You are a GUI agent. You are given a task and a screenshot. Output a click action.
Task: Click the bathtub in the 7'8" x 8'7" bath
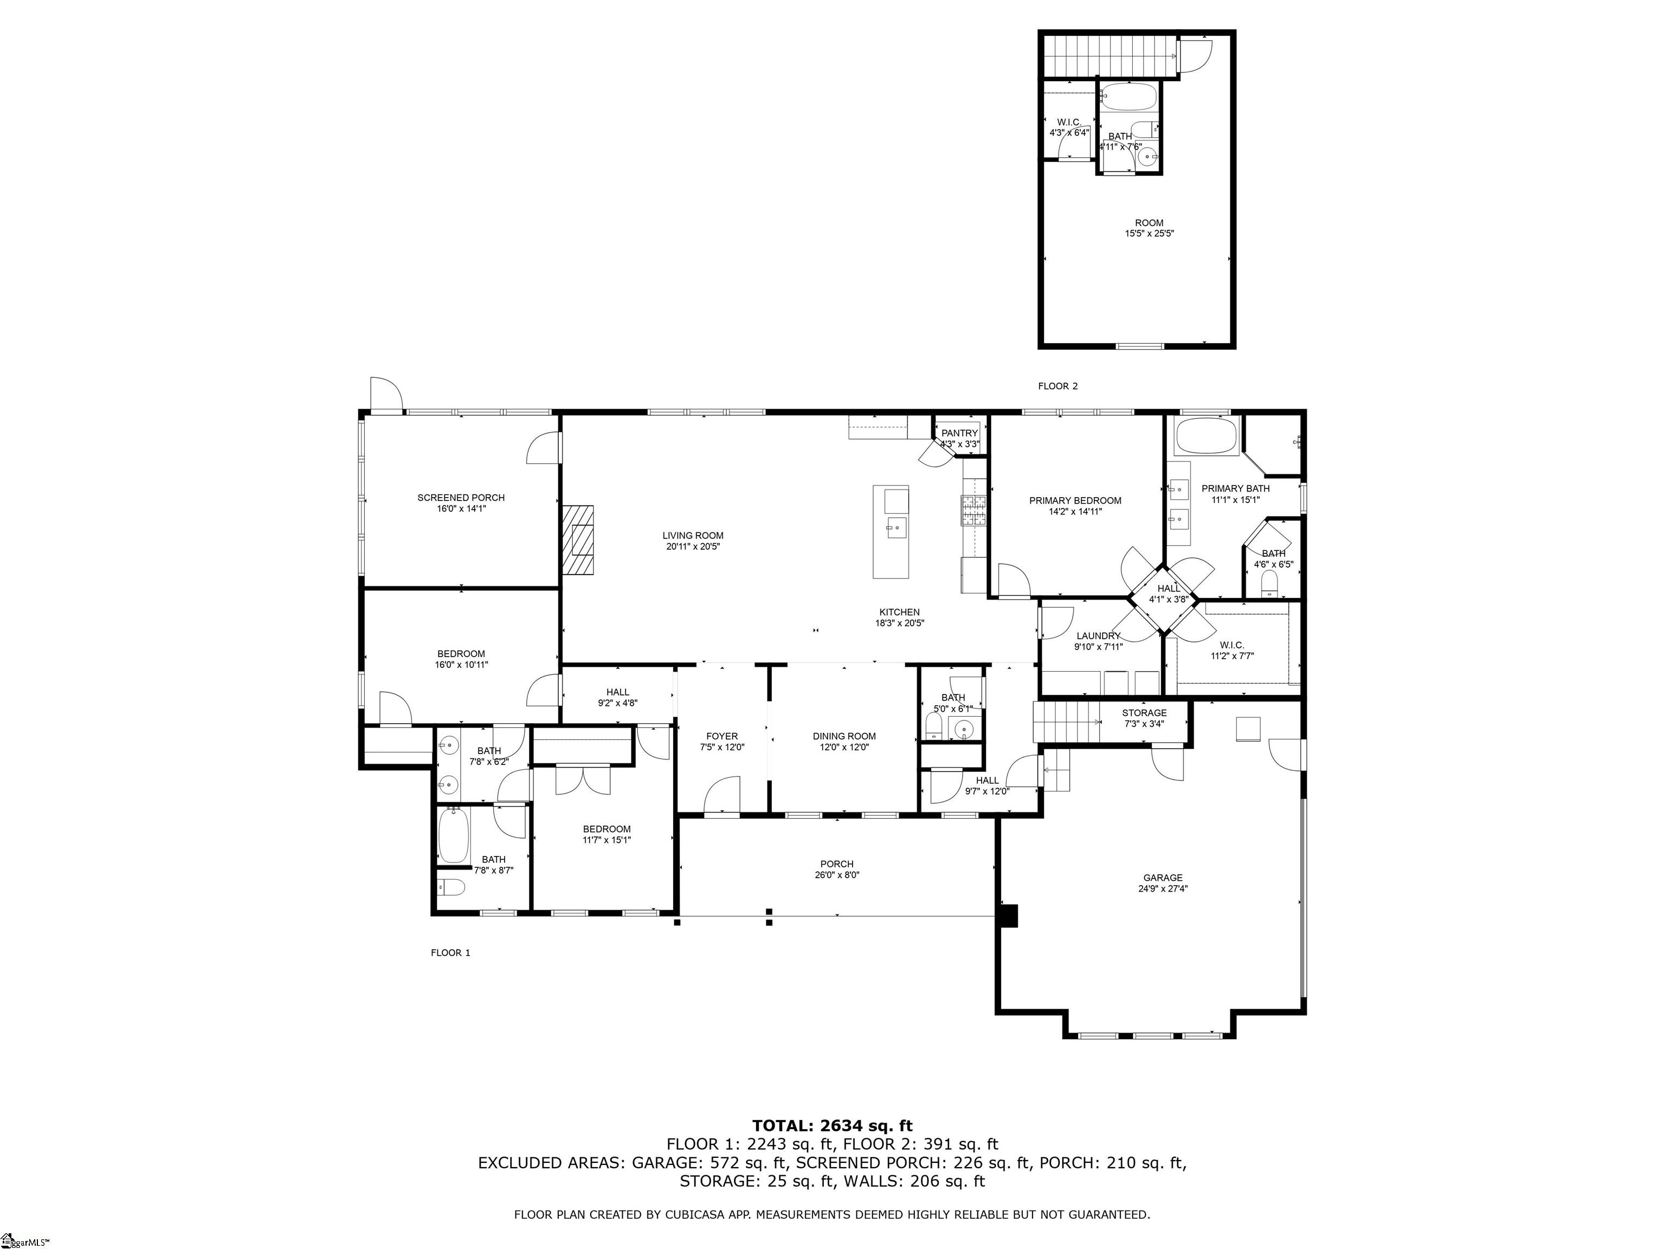453,835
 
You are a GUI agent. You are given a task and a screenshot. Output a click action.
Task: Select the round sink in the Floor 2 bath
1147,157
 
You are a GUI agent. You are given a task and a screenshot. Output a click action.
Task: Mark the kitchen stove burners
972,511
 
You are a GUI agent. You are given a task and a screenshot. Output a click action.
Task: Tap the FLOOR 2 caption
1057,386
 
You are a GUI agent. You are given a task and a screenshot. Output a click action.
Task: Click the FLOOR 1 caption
450,952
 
